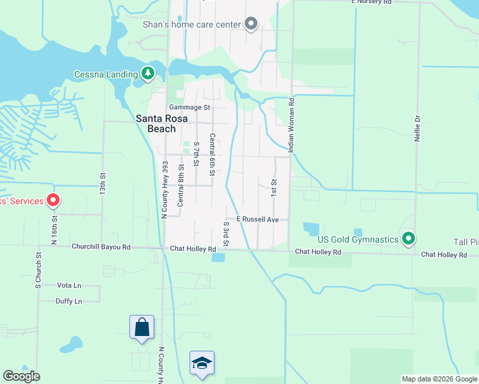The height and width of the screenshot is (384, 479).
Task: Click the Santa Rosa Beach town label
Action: tap(156, 124)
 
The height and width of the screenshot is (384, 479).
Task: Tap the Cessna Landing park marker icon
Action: tap(149, 73)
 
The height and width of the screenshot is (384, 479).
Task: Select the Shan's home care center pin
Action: tap(251, 25)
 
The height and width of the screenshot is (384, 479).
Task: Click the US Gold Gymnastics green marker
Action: tap(409, 240)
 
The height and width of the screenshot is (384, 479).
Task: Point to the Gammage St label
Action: tap(190, 108)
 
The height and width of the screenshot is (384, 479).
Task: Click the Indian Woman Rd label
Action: tap(291, 125)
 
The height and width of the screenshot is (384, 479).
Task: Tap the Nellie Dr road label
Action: tap(417, 127)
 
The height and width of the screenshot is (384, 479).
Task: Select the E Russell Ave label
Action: tap(257, 220)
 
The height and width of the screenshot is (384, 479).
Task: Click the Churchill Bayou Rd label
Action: tap(101, 247)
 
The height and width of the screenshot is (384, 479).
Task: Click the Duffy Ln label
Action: tap(69, 301)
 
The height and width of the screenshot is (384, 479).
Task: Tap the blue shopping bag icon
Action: tap(142, 327)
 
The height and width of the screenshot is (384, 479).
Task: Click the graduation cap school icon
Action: tap(202, 363)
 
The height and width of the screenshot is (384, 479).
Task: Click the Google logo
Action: tap(21, 376)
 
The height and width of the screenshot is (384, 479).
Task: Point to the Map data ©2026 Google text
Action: tap(439, 379)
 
